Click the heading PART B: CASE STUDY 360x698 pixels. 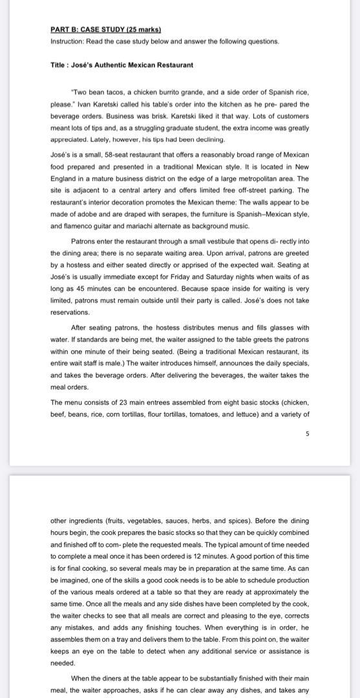pyautogui.click(x=105, y=30)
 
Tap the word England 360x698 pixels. pyautogui.click(x=65, y=178)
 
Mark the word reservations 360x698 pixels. pyautogui.click(x=70, y=312)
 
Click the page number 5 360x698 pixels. pyautogui.click(x=307, y=434)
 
